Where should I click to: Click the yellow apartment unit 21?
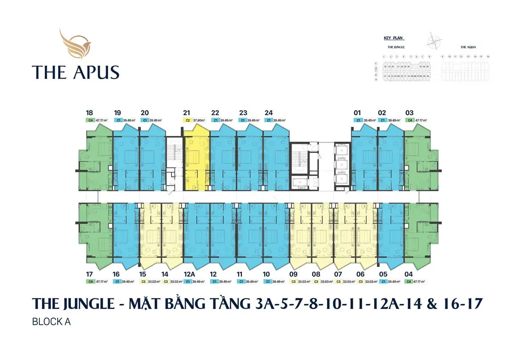point(197,161)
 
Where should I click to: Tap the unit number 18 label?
point(89,113)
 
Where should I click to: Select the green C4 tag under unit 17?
point(90,281)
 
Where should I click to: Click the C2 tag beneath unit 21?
point(188,121)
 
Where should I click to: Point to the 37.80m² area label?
point(199,121)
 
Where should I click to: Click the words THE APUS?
point(76,72)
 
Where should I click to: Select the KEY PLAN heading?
point(393,38)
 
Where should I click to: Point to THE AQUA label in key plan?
point(468,47)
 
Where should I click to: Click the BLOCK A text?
point(51,322)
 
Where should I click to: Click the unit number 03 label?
point(409,113)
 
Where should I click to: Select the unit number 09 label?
point(293,274)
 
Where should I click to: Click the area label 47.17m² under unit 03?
point(421,121)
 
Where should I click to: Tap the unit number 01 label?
point(357,113)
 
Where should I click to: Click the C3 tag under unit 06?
point(361,281)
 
